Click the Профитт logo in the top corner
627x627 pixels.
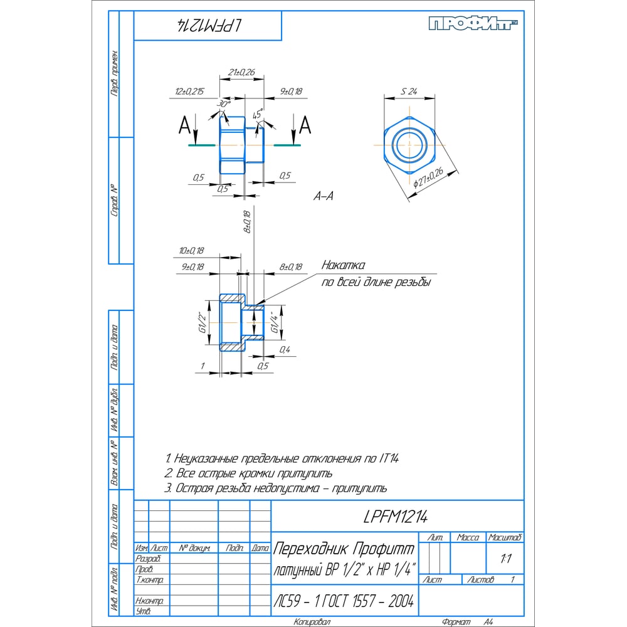pos(474,24)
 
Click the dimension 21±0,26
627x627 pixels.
pos(241,73)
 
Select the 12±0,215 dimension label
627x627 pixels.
pos(189,92)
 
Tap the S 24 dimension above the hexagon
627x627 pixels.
pos(409,92)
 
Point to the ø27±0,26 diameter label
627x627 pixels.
pos(429,179)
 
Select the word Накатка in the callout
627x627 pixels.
pos(343,266)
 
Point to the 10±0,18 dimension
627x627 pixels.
pos(191,251)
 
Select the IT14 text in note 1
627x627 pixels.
pos(389,458)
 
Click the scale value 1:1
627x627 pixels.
pos(505,557)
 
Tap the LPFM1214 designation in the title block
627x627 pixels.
pos(396,517)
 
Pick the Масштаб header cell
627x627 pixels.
pos(505,537)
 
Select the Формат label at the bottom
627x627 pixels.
pos(456,623)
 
